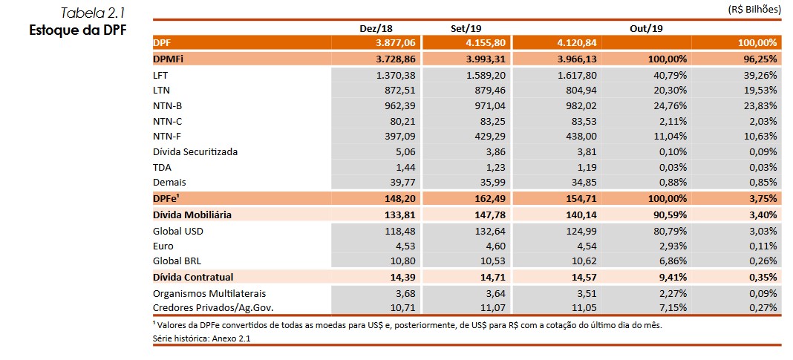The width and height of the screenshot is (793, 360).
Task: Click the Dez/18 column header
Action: pyautogui.click(x=376, y=27)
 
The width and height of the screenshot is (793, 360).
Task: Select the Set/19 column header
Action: pyautogui.click(x=466, y=27)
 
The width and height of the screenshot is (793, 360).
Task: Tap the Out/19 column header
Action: pyautogui.click(x=646, y=27)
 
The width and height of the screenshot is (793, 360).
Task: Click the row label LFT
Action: pyautogui.click(x=161, y=75)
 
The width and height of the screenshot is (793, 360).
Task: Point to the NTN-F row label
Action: pyautogui.click(x=166, y=136)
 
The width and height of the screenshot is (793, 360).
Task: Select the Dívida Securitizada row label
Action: pyautogui.click(x=195, y=151)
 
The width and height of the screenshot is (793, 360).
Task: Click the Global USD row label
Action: pyautogui.click(x=178, y=231)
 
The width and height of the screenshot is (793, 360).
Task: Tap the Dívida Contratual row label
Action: pyautogui.click(x=192, y=277)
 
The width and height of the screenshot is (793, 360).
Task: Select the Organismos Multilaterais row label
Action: pyautogui.click(x=209, y=293)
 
